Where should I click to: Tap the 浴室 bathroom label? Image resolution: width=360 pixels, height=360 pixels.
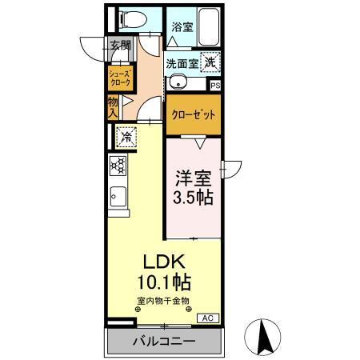tap(182, 26)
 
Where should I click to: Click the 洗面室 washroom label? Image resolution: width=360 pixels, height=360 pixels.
tap(182, 62)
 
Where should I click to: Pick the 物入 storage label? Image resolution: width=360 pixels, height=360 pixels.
tap(114, 106)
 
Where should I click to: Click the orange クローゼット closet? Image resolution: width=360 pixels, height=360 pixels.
tap(194, 114)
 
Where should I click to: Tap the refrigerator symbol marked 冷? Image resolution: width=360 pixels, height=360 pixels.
tap(126, 137)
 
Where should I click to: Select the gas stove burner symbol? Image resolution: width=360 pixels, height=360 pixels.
tap(119, 166)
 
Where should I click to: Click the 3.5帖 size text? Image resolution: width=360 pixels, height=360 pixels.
tap(193, 197)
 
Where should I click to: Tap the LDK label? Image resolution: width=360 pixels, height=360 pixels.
tap(165, 262)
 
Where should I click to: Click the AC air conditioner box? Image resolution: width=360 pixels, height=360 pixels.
tap(206, 318)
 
